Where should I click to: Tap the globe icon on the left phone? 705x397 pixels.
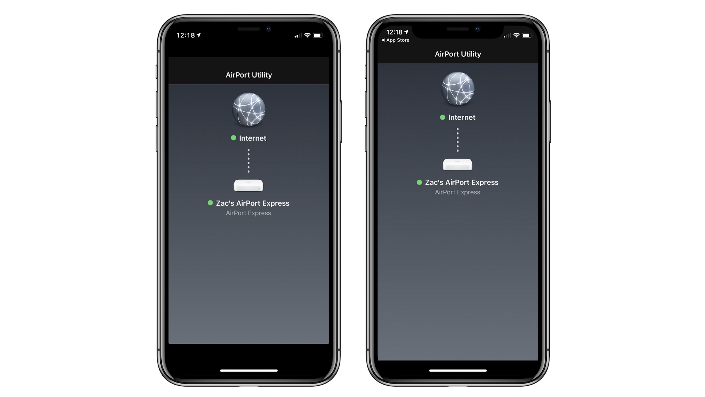click(x=249, y=110)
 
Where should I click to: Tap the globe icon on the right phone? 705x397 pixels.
click(x=458, y=89)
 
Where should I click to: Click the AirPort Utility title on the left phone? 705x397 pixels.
click(x=249, y=75)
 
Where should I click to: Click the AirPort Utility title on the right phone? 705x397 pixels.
click(x=458, y=54)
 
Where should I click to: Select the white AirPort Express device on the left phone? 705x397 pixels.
click(x=249, y=186)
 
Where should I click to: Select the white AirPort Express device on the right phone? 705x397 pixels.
click(x=458, y=165)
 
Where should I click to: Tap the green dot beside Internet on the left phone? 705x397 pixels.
click(x=234, y=138)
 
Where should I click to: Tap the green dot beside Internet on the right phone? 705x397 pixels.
click(x=442, y=117)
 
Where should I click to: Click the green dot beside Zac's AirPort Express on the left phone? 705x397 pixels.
click(x=210, y=203)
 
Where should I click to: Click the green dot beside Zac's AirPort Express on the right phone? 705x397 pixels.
click(x=419, y=182)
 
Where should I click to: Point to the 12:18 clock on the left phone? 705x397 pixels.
click(x=186, y=35)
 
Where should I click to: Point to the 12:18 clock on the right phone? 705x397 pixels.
click(x=394, y=32)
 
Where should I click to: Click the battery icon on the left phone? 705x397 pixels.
click(x=318, y=35)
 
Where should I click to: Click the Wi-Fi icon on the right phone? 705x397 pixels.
click(x=516, y=35)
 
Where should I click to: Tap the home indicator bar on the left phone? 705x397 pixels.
click(x=249, y=371)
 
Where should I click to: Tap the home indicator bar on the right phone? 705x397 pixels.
click(x=458, y=371)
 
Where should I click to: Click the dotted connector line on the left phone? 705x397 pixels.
click(x=249, y=161)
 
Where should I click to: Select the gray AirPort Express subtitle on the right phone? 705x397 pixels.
click(x=458, y=192)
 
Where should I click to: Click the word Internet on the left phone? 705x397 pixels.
click(x=253, y=138)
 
